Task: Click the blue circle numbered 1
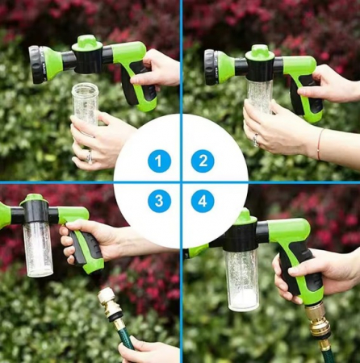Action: coord(159,161)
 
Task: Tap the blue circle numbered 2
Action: coord(203,161)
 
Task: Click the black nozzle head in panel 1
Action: coord(36,59)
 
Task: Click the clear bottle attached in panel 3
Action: coord(38,246)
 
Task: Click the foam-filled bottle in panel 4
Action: coord(241,278)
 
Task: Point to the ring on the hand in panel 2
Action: coord(254,140)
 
